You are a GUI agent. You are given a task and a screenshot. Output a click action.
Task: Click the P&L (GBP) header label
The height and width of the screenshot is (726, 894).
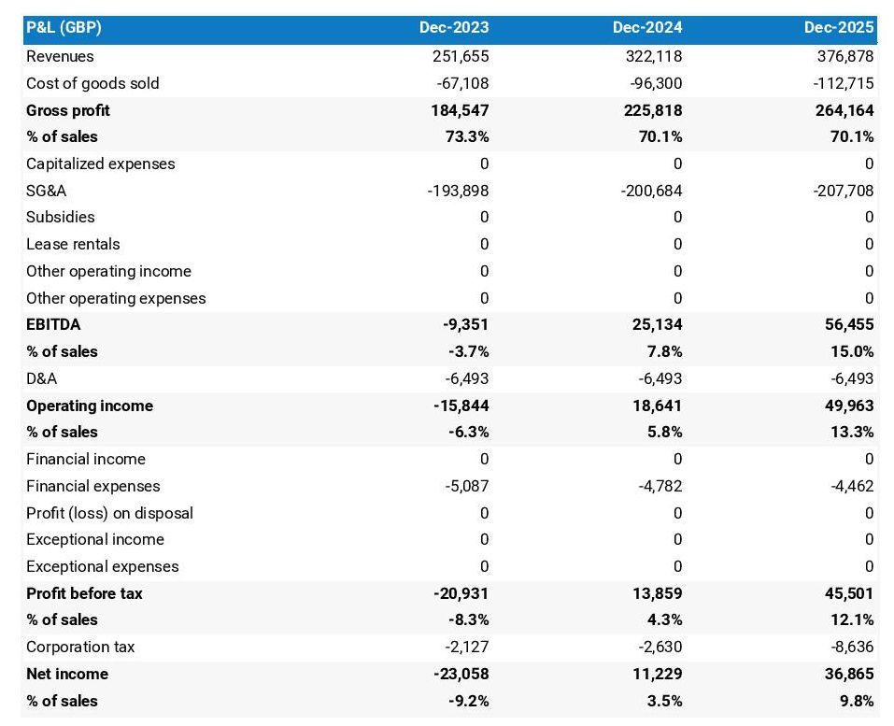pos(64,28)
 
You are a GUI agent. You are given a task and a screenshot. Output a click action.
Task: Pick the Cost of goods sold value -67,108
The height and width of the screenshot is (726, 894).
pos(462,83)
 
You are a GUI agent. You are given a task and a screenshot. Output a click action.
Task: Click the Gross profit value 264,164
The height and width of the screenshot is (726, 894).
pos(843,110)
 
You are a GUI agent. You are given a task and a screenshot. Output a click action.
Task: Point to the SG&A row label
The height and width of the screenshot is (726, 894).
pos(47,191)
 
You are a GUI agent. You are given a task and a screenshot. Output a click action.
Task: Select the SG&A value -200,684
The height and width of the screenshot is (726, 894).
pos(651,191)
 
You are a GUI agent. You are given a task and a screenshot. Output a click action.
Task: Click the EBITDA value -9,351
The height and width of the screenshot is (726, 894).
pos(465,325)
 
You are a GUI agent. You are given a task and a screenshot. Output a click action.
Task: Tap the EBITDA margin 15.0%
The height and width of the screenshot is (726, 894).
pos(850,351)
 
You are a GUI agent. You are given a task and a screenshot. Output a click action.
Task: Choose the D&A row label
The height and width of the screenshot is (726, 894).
pos(41,378)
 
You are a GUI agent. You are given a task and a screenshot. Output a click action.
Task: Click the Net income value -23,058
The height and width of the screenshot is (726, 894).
pos(461,674)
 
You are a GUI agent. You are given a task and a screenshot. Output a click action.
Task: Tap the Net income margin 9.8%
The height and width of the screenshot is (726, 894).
pos(854,701)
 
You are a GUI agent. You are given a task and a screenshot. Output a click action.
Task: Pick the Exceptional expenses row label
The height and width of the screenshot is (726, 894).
pos(102,566)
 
